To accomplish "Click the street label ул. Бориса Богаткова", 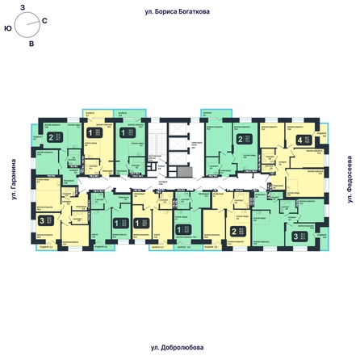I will coord(179,12).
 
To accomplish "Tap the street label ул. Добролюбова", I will coord(179,347).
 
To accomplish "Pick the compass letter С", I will coord(44,19).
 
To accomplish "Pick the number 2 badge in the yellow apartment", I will coord(234,232).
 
